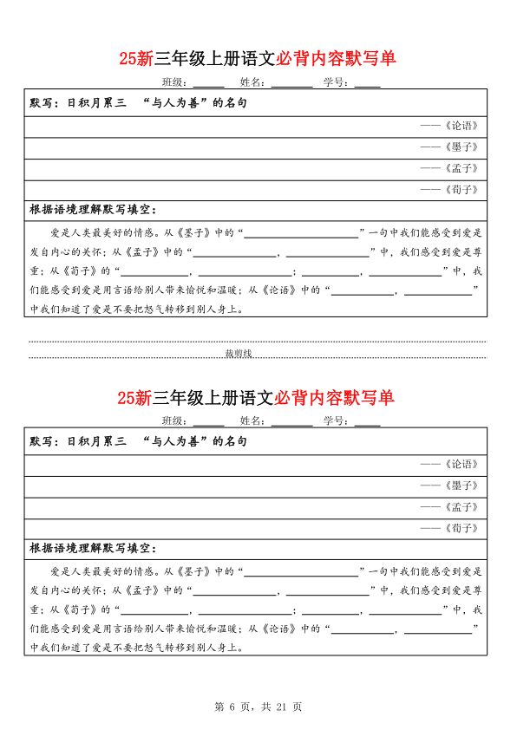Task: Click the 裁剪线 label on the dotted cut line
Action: [x=238, y=354]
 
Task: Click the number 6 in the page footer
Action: [x=232, y=707]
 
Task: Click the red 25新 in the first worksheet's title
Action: [x=136, y=59]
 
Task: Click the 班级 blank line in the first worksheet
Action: [x=208, y=83]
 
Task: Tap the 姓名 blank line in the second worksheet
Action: [x=291, y=421]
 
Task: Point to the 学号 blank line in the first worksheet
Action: [x=367, y=83]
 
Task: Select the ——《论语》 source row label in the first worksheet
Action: [x=448, y=126]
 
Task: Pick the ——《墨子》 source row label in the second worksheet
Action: [x=448, y=486]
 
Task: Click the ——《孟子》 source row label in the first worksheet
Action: [x=448, y=168]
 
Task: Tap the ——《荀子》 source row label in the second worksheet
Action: [x=448, y=527]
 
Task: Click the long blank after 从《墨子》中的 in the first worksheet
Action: [x=304, y=233]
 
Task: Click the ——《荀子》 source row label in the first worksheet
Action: [x=448, y=189]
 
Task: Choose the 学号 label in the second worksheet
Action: [x=336, y=421]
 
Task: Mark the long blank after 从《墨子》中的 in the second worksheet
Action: [x=304, y=571]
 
